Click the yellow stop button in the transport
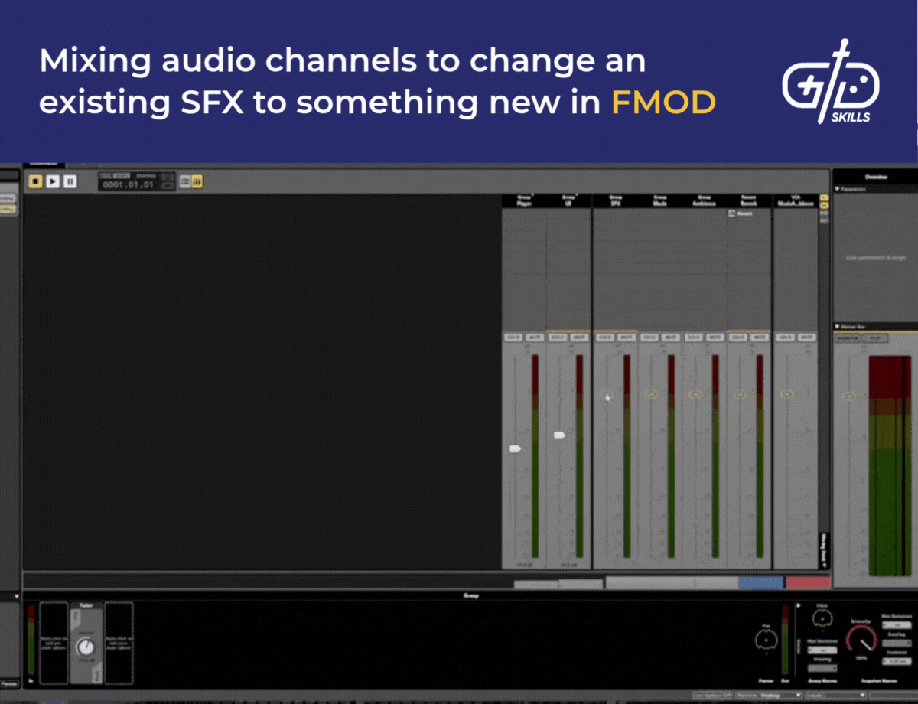(35, 181)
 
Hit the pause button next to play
(70, 181)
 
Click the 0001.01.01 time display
(129, 184)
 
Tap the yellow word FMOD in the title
(663, 103)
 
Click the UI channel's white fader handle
(559, 435)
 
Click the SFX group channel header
(615, 200)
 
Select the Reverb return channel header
(748, 200)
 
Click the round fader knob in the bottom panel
(85, 647)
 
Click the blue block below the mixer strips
(760, 582)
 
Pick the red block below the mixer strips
(808, 582)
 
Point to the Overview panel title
(876, 177)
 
